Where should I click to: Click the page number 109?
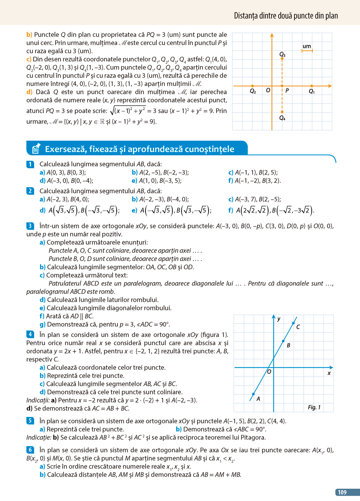[342, 492]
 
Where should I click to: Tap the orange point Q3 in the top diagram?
[282, 59]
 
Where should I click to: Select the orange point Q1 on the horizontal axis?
[312, 86]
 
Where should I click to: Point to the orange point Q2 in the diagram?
[252, 86]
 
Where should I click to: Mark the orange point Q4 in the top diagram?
[282, 112]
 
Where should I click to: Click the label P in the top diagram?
[287, 91]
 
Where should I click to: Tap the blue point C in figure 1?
[294, 323]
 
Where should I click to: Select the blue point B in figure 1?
[283, 341]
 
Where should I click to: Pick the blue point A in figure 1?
[253, 394]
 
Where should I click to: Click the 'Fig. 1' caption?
[314, 407]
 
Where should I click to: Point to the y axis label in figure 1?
[279, 319]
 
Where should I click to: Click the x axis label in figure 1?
[329, 373]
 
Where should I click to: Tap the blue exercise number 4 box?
[30, 334]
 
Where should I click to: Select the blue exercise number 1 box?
[30, 164]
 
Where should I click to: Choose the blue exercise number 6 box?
[30, 450]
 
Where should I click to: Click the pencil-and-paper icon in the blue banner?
[36, 149]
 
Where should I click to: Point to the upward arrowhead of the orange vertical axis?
[272, 35]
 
